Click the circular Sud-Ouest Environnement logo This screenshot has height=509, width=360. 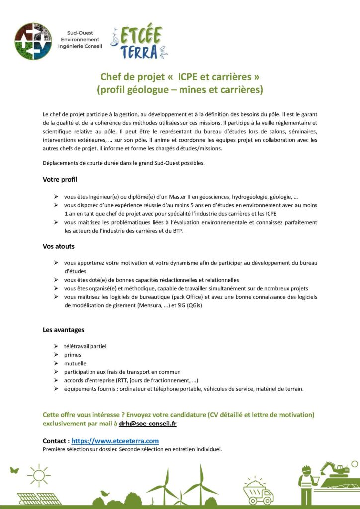click(x=33, y=41)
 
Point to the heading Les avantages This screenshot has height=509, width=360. click(x=63, y=329)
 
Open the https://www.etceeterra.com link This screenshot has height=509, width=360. click(x=115, y=441)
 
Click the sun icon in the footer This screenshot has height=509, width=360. click(x=39, y=475)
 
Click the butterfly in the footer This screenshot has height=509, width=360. click(x=14, y=470)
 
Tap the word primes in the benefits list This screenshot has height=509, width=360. click(x=72, y=355)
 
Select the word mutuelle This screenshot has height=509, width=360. click(x=75, y=363)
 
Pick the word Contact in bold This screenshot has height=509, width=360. click(x=56, y=441)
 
